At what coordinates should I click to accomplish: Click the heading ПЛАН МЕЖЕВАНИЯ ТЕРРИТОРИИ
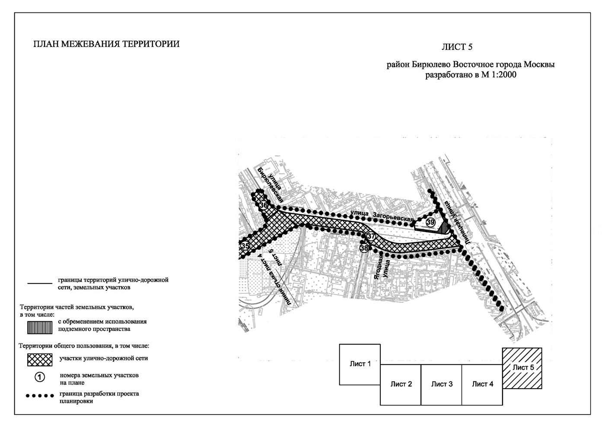pos(106,44)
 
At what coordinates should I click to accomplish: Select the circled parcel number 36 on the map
pos(264,205)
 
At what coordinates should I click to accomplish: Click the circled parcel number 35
pos(245,246)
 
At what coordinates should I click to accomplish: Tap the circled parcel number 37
pos(371,236)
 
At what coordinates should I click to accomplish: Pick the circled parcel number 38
pos(364,248)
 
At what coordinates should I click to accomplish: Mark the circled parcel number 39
pos(430,222)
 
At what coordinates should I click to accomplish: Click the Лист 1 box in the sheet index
pos(360,364)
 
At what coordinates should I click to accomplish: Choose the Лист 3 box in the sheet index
pos(441,384)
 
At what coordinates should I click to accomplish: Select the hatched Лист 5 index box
pos(522,368)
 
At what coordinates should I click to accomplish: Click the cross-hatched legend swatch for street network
pos(40,359)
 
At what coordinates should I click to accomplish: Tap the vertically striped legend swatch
pos(40,328)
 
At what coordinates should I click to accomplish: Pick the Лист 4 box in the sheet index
pos(482,384)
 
